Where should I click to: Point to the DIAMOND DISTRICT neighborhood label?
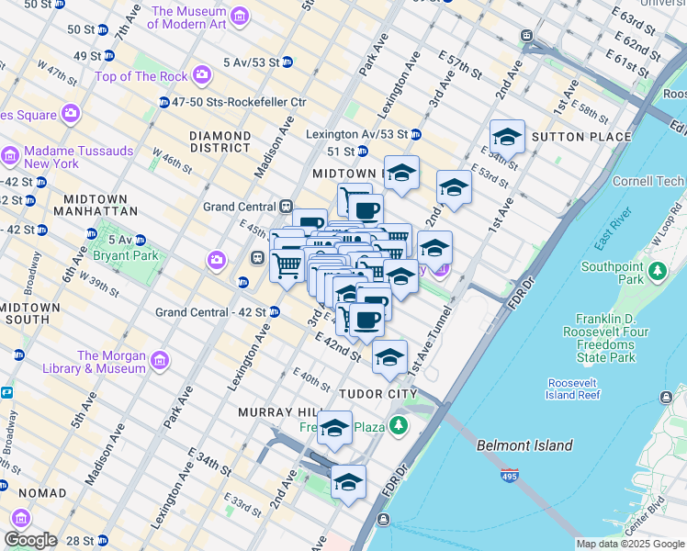pyautogui.click(x=220, y=141)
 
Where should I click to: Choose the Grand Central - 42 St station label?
pyautogui.click(x=210, y=312)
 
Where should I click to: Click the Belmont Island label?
pyautogui.click(x=524, y=446)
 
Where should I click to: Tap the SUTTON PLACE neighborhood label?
pyautogui.click(x=581, y=137)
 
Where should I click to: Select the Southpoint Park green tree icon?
pyautogui.click(x=657, y=272)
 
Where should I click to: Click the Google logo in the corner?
pyautogui.click(x=30, y=540)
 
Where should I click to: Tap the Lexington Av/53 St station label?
pyautogui.click(x=356, y=134)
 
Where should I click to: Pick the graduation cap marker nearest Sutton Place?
pyautogui.click(x=507, y=138)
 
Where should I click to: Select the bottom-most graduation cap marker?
pyautogui.click(x=348, y=482)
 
